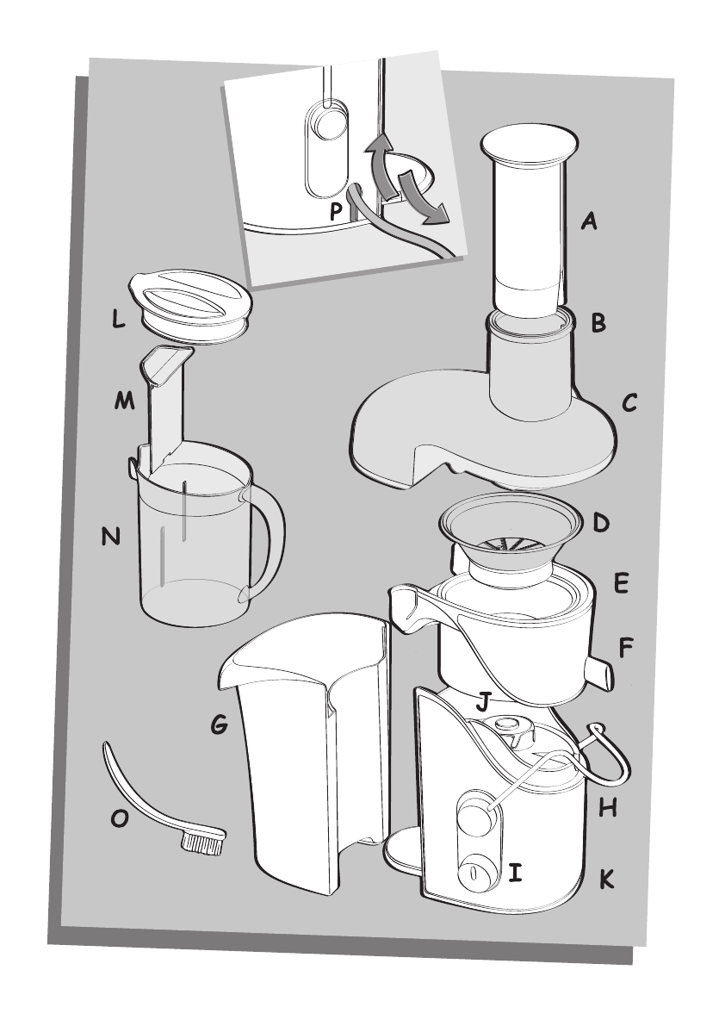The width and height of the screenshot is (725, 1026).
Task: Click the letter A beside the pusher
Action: coord(589,222)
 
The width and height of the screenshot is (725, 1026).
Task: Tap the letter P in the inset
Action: coord(337,209)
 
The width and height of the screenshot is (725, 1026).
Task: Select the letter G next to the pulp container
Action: coord(220,726)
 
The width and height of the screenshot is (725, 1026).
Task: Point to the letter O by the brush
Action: coord(120,819)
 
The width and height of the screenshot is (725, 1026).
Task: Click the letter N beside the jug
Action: coord(110,537)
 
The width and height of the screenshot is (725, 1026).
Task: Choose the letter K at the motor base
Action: coord(607,880)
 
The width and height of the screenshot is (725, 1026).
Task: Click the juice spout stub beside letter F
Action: coord(600,672)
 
